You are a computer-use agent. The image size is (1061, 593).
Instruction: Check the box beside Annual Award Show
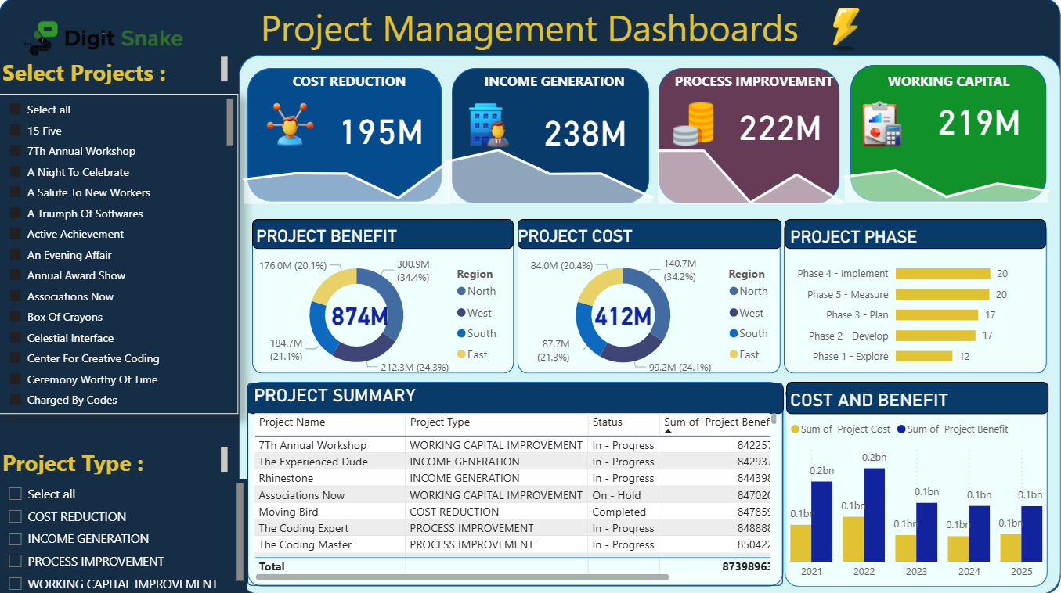[15, 275]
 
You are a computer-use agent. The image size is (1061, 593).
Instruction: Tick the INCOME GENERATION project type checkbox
[15, 538]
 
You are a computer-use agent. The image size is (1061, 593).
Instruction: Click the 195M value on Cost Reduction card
[381, 132]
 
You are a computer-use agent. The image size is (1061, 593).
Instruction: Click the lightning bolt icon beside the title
[845, 28]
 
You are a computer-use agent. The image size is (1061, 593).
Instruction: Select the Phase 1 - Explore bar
[924, 357]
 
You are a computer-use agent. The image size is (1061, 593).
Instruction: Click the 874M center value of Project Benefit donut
[359, 316]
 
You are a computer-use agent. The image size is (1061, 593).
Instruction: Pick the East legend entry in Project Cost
[744, 354]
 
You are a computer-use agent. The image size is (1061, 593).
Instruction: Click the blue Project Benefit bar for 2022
[874, 514]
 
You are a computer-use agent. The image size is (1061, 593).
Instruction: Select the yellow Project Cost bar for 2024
[958, 548]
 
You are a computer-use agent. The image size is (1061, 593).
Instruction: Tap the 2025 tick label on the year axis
[1021, 572]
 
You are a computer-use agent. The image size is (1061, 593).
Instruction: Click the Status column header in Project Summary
[607, 422]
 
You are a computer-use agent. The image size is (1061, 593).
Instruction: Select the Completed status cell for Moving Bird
[619, 512]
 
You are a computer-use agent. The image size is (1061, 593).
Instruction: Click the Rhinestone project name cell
[286, 478]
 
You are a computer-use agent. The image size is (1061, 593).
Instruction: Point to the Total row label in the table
[272, 566]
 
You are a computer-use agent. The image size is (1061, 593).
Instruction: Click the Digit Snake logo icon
[45, 37]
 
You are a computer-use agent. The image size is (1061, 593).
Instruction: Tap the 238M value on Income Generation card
[585, 134]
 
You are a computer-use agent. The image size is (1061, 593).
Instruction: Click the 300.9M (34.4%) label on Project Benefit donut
[413, 271]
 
